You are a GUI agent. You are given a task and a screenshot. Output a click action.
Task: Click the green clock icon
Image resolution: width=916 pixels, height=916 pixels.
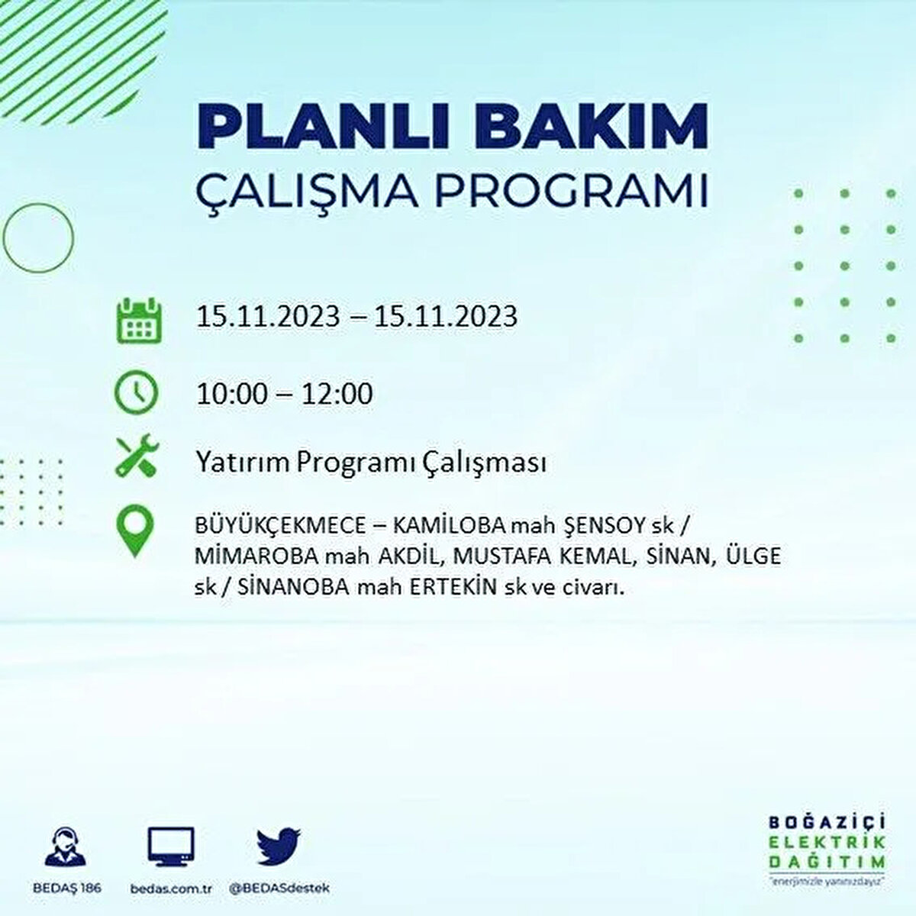[x=136, y=393]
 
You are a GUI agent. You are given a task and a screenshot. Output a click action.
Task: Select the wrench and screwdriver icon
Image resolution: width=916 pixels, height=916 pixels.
[x=137, y=456]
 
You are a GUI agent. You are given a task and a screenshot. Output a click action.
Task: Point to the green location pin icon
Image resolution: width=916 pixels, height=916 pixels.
[x=135, y=531]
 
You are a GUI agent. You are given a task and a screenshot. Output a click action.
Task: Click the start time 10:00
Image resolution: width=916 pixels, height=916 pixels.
[x=232, y=394]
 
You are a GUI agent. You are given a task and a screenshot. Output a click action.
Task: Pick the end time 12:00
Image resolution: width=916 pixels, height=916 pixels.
[x=337, y=394]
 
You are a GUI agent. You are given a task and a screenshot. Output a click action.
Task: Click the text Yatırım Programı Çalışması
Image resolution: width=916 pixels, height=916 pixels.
[x=371, y=463]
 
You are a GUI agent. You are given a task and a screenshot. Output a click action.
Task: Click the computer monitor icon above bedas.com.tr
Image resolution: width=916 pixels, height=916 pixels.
[x=170, y=848]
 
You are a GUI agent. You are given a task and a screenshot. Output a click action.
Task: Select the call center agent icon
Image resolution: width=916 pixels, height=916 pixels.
[x=66, y=848]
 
